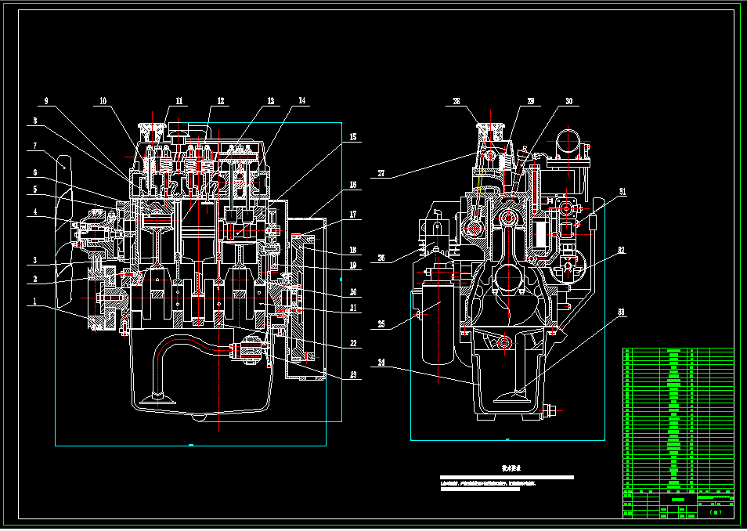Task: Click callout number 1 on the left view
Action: pos(34,300)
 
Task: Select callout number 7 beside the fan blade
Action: pos(35,146)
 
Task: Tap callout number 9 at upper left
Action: pos(45,101)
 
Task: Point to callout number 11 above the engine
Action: pos(179,101)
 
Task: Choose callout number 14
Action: pos(302,101)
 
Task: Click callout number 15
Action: pos(352,138)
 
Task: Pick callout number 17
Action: pos(352,214)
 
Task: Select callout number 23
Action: pos(352,374)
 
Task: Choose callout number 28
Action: pos(456,101)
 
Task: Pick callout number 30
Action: pos(569,101)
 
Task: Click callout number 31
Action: pos(622,191)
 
